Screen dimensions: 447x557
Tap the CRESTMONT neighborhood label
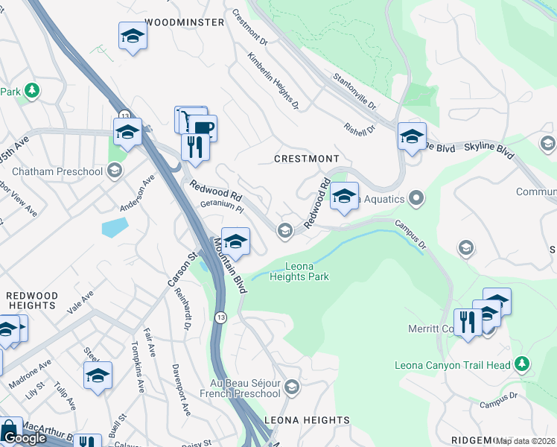306,159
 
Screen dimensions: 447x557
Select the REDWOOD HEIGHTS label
31,300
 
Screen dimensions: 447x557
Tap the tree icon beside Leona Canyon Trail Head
523,364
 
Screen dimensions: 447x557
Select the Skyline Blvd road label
489,150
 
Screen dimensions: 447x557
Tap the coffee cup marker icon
202,127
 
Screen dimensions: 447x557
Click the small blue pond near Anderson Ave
115,226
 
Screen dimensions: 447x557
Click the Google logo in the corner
24,438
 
